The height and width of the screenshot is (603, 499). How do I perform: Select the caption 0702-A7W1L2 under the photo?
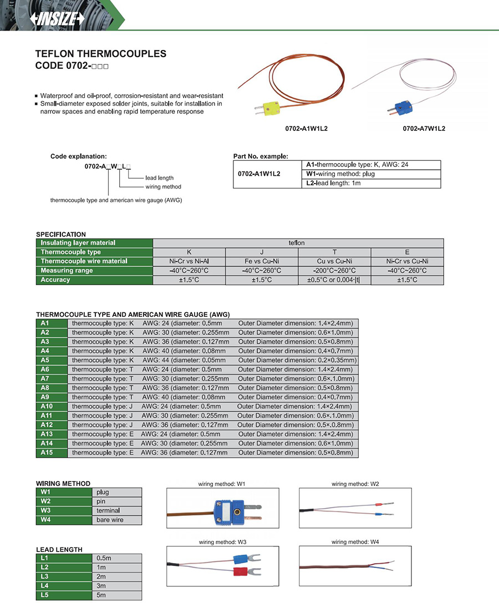click(x=424, y=129)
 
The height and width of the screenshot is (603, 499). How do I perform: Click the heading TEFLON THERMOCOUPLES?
click(x=100, y=54)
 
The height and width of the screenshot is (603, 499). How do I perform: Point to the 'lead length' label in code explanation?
click(x=160, y=178)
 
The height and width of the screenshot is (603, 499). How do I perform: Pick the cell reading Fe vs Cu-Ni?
click(x=262, y=261)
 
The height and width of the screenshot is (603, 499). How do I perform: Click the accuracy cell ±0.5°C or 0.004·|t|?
click(x=334, y=280)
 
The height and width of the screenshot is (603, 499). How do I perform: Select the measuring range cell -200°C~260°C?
click(x=334, y=271)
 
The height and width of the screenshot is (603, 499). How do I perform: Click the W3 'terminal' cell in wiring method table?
click(x=118, y=510)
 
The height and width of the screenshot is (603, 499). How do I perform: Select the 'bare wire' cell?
click(x=118, y=520)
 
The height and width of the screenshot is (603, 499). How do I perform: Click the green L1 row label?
click(x=64, y=558)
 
